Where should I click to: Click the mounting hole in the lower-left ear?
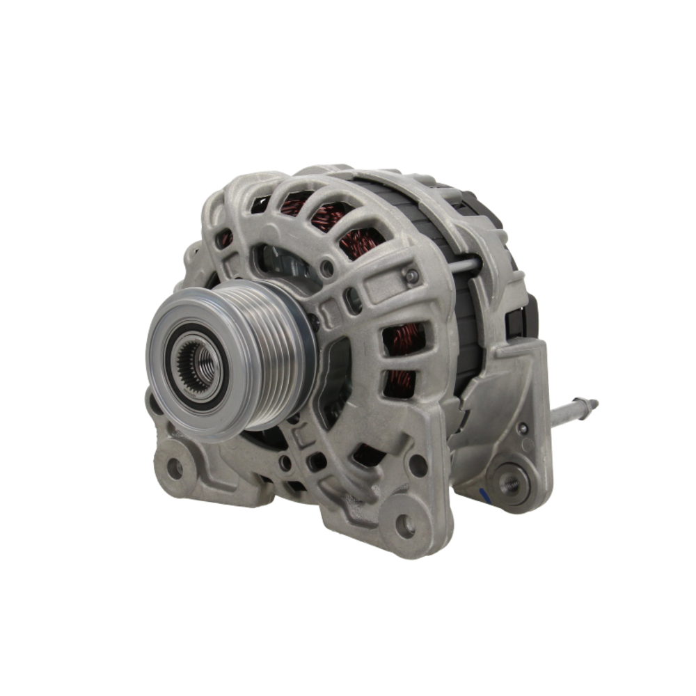(174, 468)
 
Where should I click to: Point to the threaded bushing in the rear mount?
(510, 482)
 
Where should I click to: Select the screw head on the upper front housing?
(412, 276)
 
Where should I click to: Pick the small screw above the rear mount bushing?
(522, 429)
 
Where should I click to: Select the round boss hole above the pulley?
(326, 267)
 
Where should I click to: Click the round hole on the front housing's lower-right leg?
(418, 465)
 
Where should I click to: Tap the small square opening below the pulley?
(317, 461)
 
